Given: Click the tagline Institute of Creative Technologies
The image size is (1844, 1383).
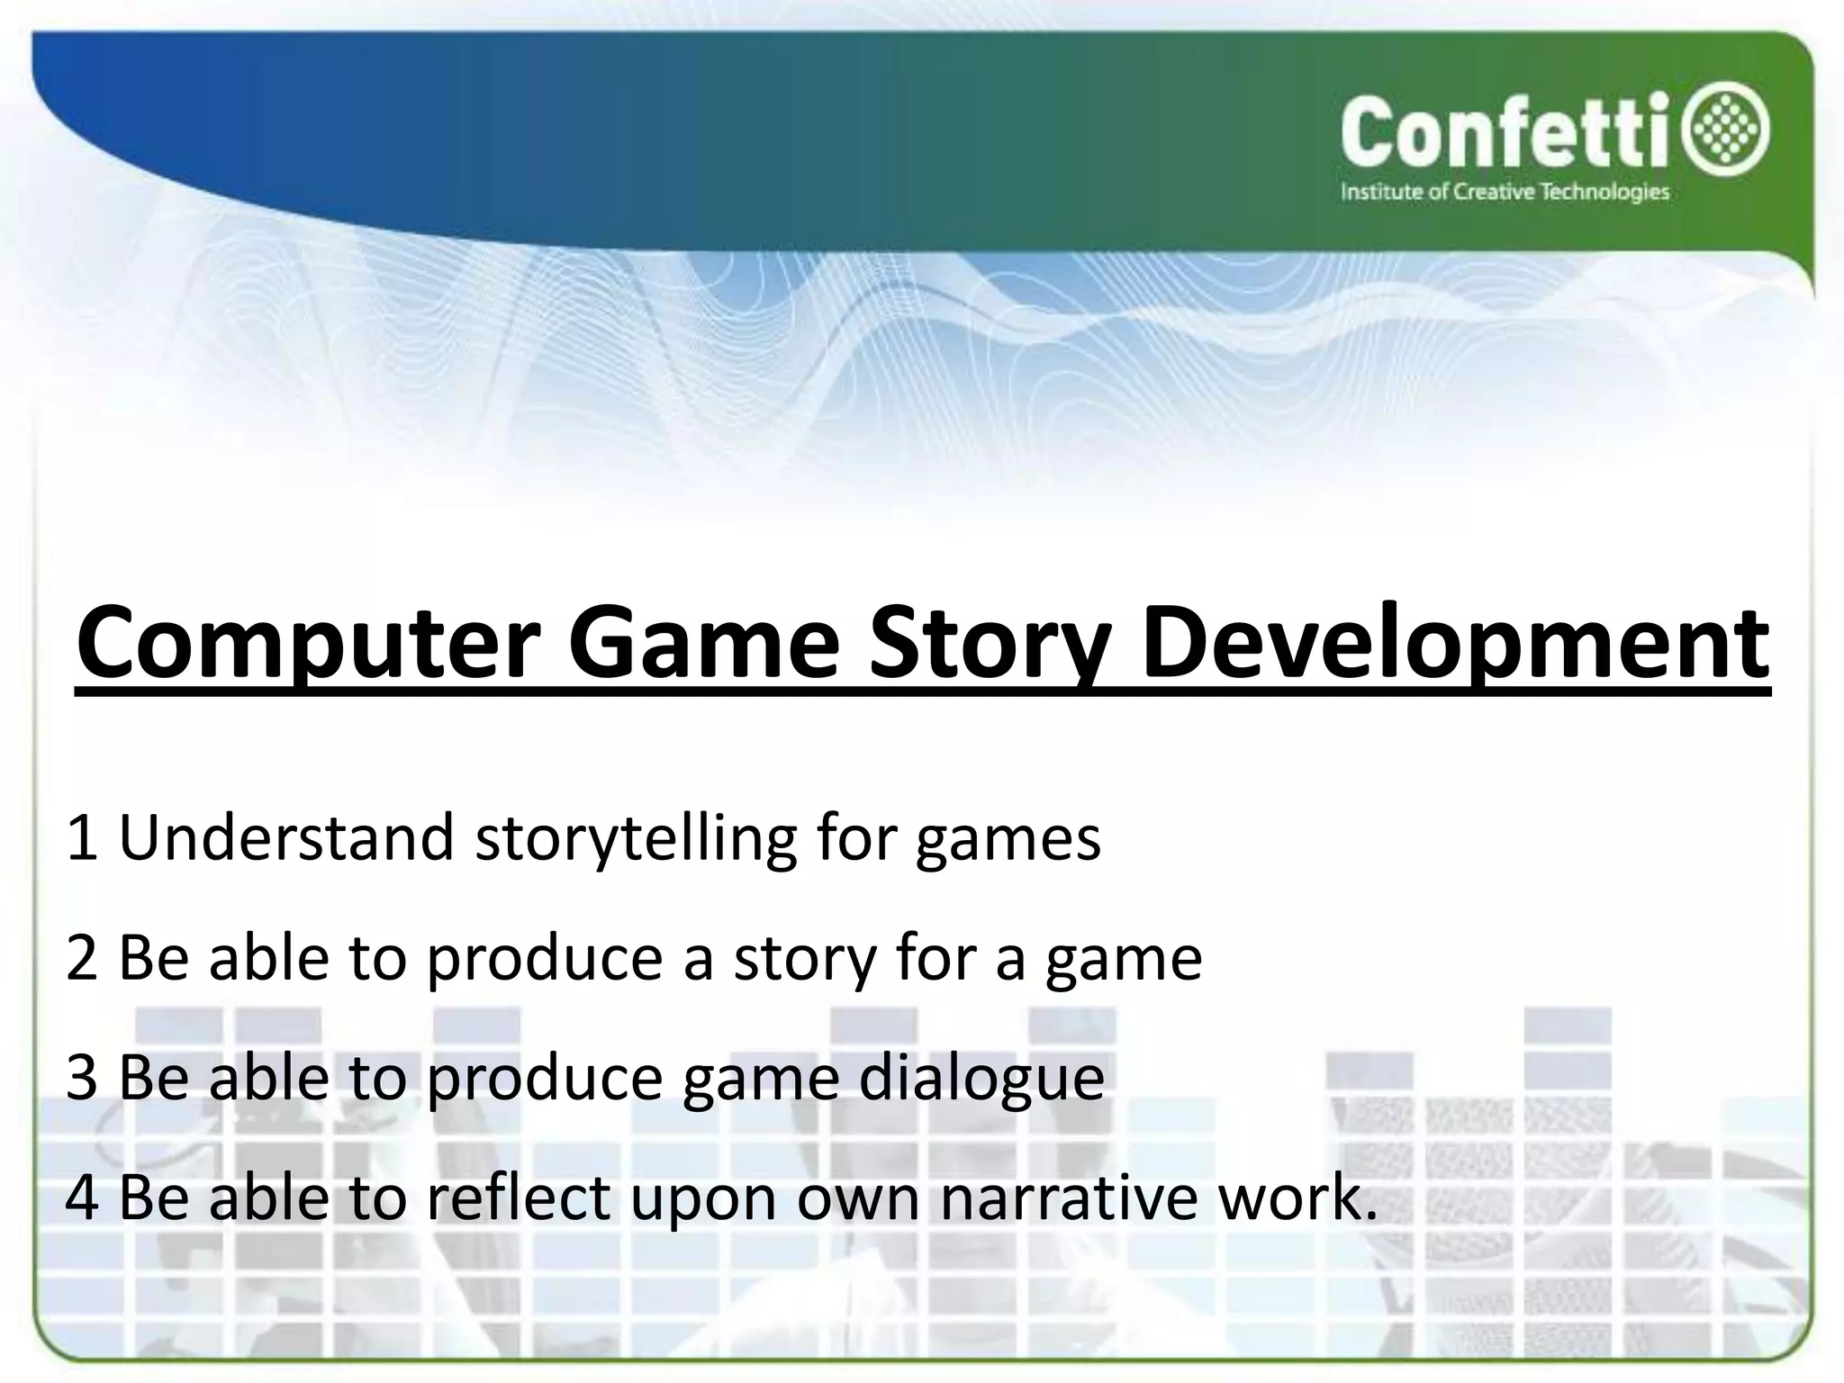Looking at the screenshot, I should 1505,192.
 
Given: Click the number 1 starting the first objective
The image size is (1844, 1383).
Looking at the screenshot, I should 82,838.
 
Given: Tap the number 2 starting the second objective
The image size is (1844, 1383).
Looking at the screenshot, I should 82,958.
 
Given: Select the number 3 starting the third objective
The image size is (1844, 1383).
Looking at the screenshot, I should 82,1078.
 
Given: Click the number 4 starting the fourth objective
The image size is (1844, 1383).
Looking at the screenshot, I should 82,1198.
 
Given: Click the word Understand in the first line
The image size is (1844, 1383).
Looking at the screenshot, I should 286,838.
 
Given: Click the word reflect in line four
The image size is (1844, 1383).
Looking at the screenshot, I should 518,1198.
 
